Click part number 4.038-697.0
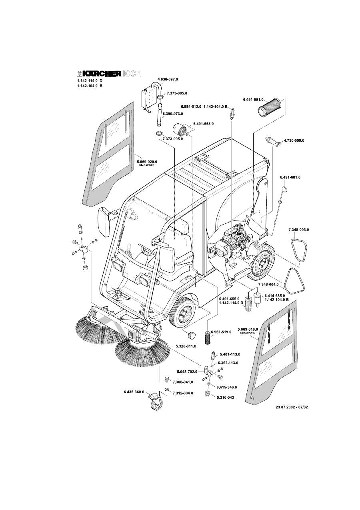point(168,80)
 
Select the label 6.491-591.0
point(253,99)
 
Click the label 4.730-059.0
point(294,141)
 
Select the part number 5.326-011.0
point(186,345)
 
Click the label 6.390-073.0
point(172,114)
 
